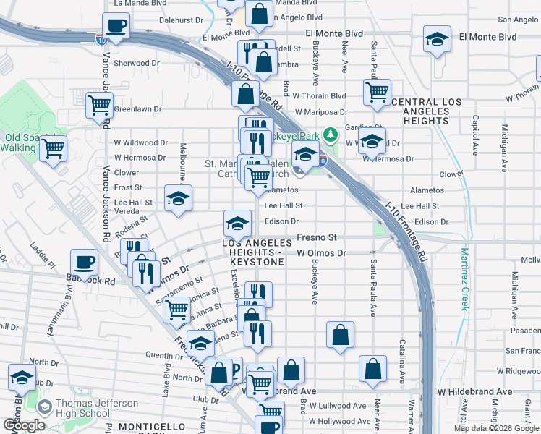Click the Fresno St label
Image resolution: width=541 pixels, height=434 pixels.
pos(316,237)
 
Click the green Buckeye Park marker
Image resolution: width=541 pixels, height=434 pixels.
pos(330,135)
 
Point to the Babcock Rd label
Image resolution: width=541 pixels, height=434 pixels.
pos(90,281)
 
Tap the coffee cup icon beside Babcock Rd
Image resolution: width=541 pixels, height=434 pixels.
pos(85,262)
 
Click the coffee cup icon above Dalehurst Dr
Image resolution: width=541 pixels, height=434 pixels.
pos(116,27)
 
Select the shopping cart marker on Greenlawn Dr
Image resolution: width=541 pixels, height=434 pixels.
pos(98,105)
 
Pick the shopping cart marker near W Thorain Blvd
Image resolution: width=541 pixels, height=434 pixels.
pos(377,93)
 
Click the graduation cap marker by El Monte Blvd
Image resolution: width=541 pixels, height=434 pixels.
pos(437,39)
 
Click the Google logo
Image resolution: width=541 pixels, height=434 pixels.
pos(24,425)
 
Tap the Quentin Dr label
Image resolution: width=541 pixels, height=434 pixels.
pos(163,355)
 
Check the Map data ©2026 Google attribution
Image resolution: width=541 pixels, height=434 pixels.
pos(496,428)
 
